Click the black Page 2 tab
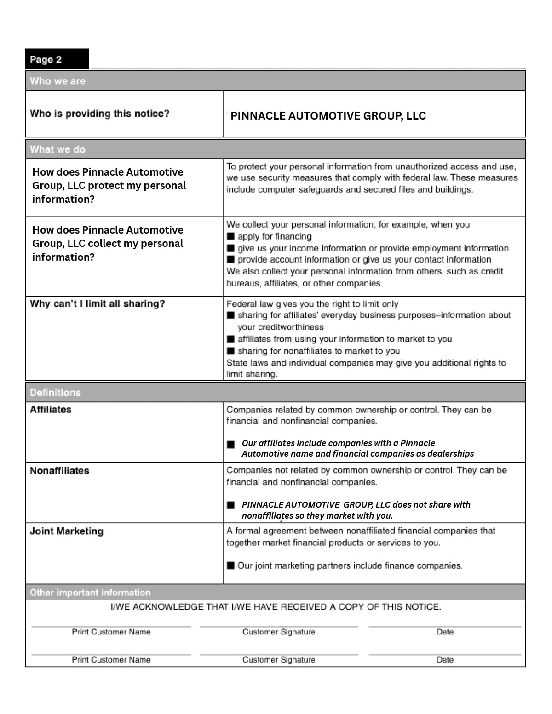(57, 59)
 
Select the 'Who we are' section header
(57, 81)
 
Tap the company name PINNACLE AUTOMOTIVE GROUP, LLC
(328, 116)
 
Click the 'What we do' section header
(57, 149)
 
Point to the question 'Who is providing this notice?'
(99, 114)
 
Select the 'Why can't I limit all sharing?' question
(97, 304)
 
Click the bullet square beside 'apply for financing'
(231, 237)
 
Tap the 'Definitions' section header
(55, 393)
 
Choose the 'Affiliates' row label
(51, 409)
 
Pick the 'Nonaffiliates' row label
(59, 471)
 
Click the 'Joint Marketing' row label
(66, 531)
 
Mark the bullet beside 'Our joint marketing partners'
(231, 565)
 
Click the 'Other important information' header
(90, 593)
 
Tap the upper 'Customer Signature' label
(279, 632)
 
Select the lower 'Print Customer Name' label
(111, 660)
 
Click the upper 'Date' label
(445, 632)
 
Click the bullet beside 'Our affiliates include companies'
(231, 445)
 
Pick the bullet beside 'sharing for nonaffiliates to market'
(231, 351)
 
